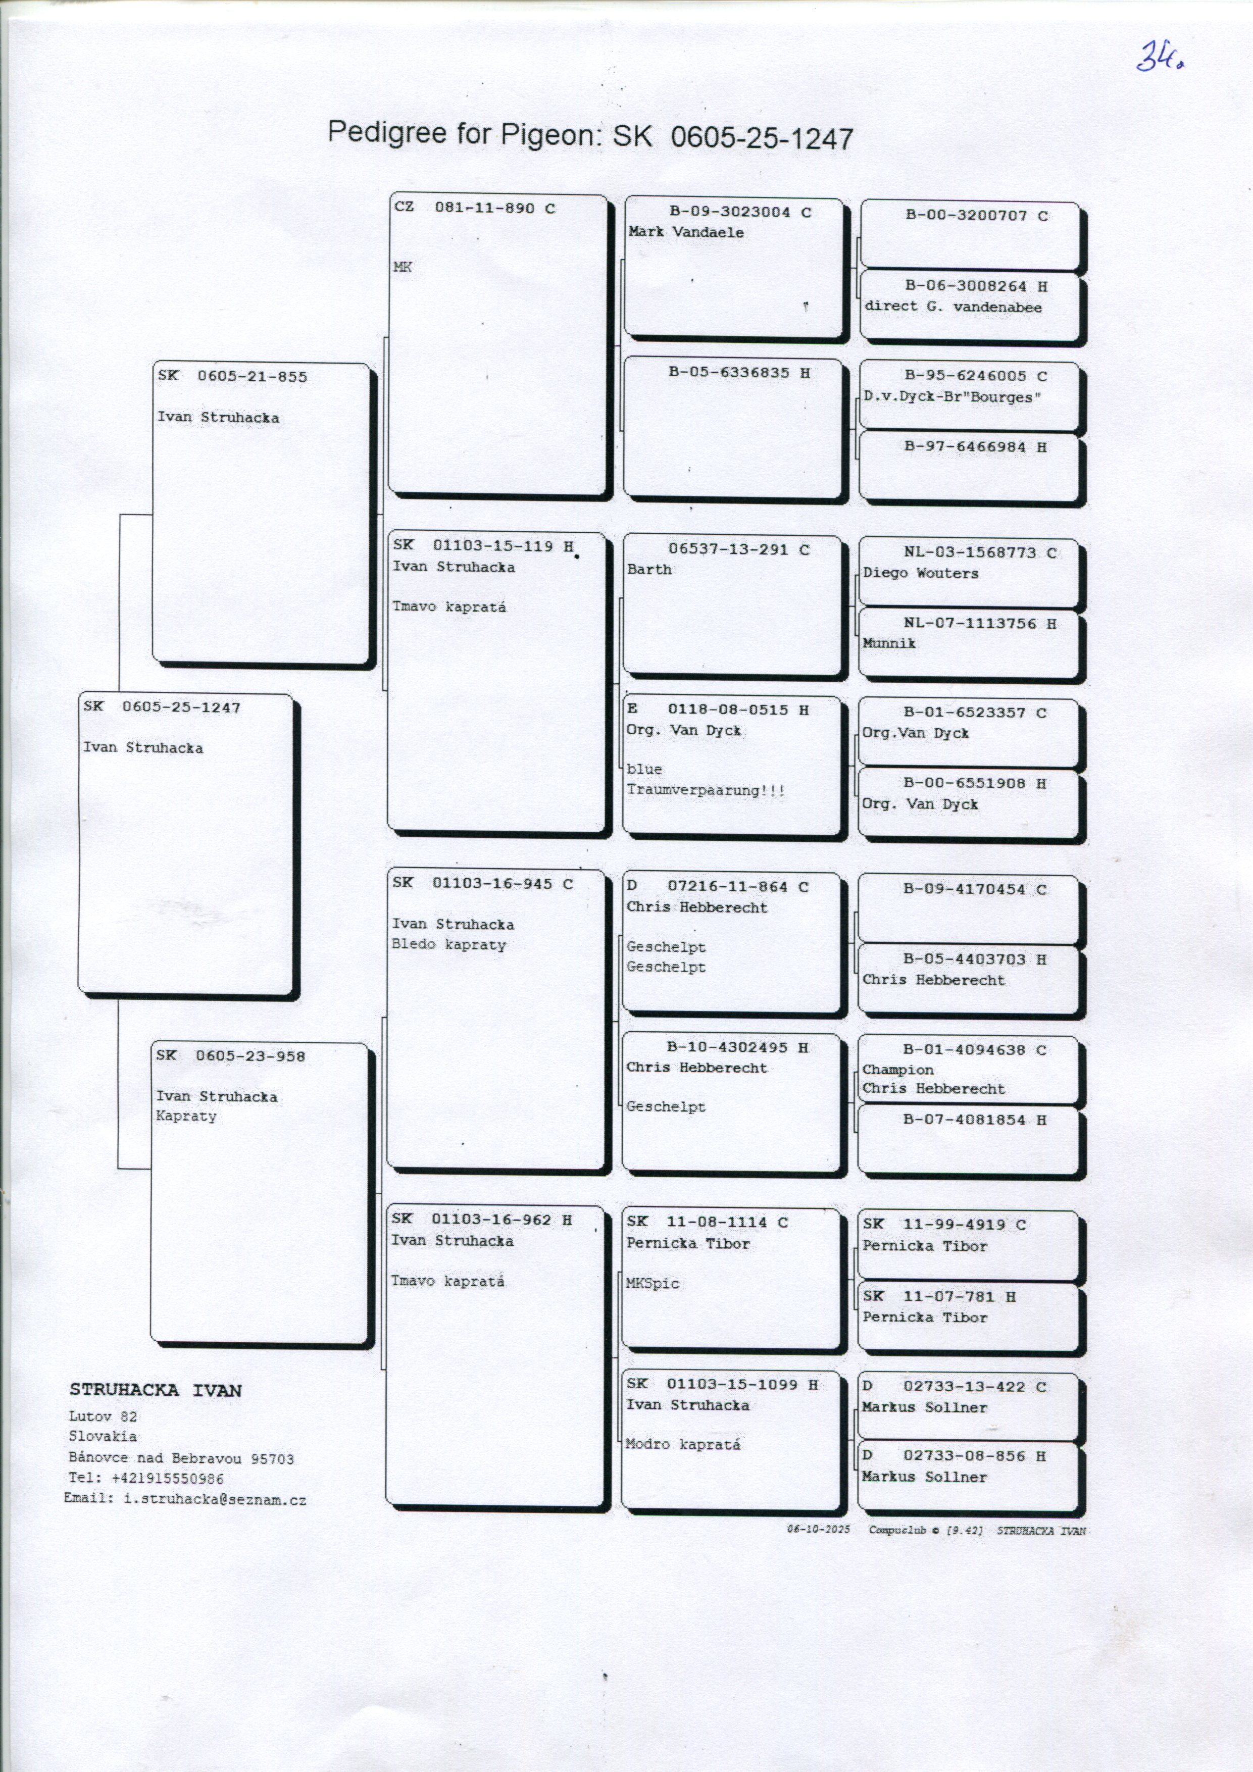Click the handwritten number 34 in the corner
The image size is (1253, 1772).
coord(1160,57)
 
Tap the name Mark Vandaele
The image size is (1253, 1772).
coord(685,232)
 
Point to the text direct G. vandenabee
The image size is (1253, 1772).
coord(953,307)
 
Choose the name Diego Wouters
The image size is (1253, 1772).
coord(920,574)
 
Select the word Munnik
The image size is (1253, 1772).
coord(888,643)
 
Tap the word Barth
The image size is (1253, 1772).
coord(648,570)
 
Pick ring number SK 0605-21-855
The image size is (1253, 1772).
coord(232,377)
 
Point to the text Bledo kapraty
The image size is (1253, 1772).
coord(448,945)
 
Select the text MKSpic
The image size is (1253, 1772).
coord(653,1284)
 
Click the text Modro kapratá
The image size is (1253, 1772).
coord(682,1444)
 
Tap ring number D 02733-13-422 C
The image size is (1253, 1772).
coord(954,1387)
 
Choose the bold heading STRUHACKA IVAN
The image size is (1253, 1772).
coord(155,1391)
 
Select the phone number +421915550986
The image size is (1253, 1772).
coord(168,1479)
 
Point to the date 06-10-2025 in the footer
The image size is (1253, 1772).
coord(818,1529)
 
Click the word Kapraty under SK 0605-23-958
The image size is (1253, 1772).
coord(186,1116)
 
